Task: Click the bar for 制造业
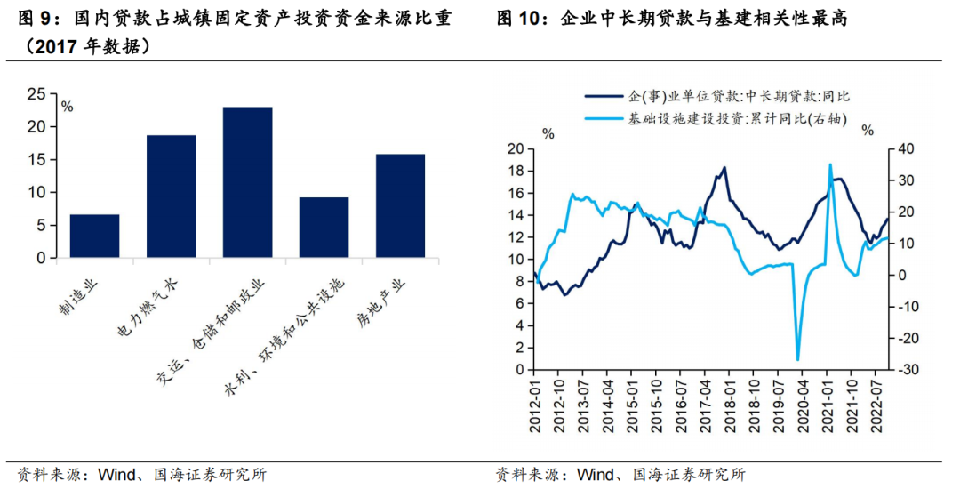pos(94,236)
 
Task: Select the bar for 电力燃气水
pos(171,196)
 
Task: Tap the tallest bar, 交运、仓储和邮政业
pos(247,182)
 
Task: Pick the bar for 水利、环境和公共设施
pos(324,228)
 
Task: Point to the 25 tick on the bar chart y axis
pos(37,93)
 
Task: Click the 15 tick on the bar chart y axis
pos(37,159)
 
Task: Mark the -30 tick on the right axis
pos(904,370)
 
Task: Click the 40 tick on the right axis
pos(902,149)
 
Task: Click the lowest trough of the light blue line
pos(797,360)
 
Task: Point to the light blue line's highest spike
pos(830,164)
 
